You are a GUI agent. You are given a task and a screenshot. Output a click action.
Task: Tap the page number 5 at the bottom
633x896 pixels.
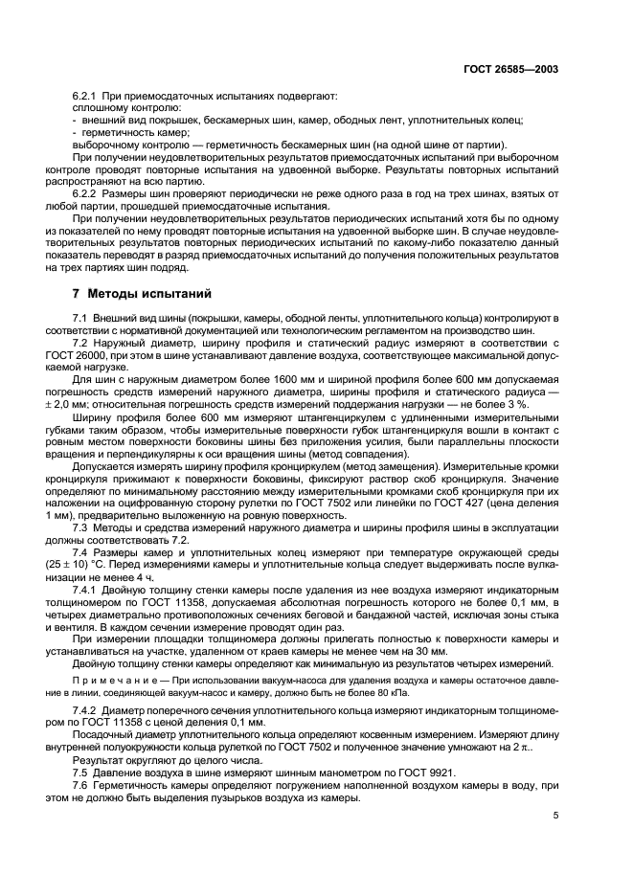coord(554,815)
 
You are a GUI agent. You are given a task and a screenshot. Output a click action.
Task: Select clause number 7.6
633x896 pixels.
coord(83,785)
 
